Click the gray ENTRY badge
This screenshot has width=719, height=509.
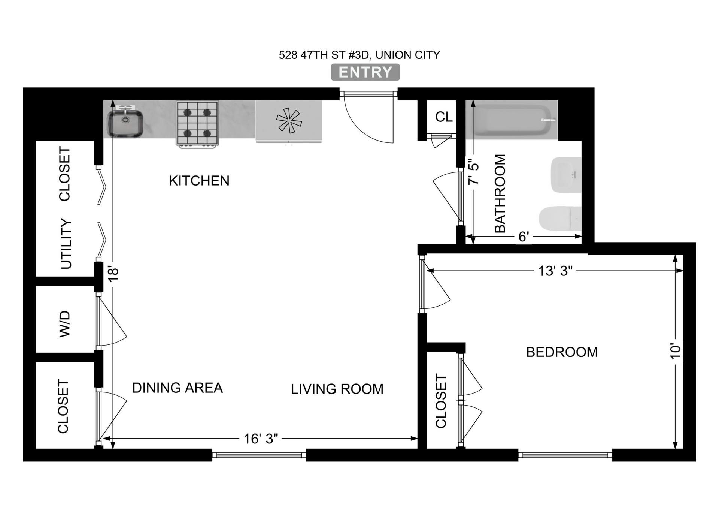coord(365,72)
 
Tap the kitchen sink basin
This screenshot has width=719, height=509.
coord(125,123)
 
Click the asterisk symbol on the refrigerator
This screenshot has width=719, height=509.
coord(288,120)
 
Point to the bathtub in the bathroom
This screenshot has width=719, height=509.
coord(510,120)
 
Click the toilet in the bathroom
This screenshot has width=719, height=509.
coord(560,218)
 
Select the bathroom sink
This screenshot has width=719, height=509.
coord(566,175)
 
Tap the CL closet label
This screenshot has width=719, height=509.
coord(444,117)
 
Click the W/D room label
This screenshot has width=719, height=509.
coord(65,324)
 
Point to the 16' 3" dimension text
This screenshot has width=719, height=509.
coord(261,438)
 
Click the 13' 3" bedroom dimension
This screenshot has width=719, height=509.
coord(555,271)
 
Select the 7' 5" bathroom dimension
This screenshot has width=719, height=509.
coord(474,172)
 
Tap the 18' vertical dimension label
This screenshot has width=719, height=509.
coord(114,274)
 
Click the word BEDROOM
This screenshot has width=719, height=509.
coord(562,352)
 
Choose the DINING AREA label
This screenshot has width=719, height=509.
coord(178,388)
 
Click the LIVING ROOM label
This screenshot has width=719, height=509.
coord(337,389)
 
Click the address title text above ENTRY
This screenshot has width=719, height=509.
coord(359,55)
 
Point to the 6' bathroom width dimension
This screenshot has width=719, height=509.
coord(524,237)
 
